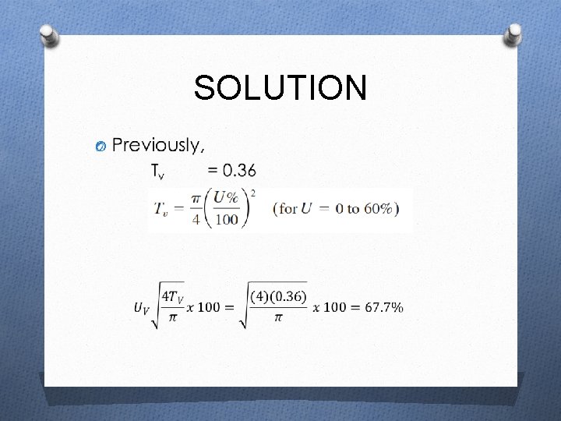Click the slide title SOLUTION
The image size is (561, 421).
coord(280,88)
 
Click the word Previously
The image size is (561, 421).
coord(159,145)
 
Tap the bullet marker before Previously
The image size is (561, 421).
coord(99,147)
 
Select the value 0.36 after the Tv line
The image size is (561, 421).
coord(238,170)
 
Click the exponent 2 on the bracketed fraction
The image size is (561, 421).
coord(253,192)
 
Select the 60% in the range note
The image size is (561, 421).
coord(379,209)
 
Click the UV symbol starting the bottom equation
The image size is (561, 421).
coord(141,308)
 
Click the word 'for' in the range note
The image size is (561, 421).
coord(288,209)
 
